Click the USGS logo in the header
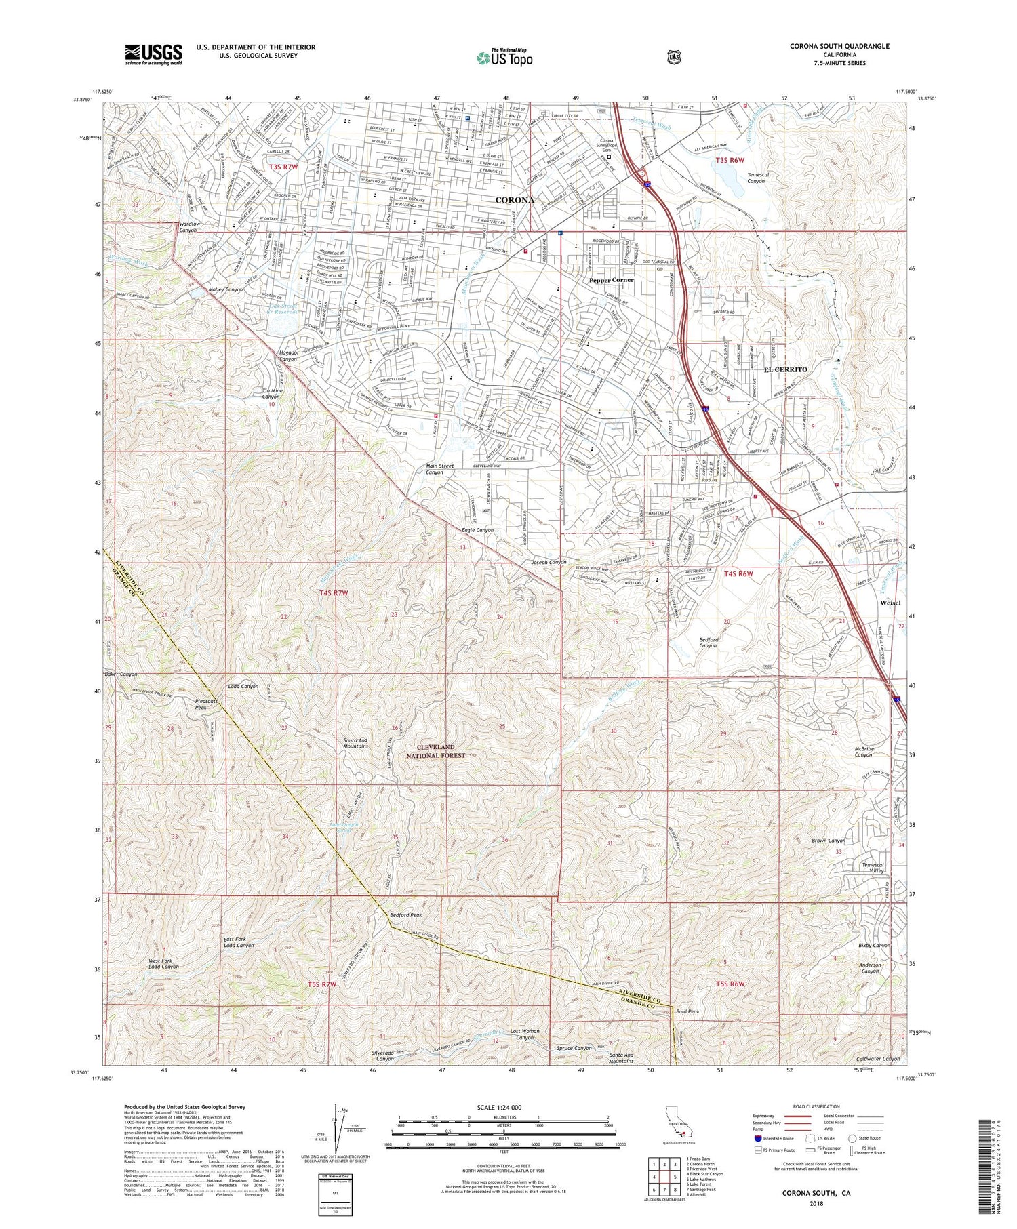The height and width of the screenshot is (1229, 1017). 153,54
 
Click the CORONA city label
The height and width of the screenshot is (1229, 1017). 515,201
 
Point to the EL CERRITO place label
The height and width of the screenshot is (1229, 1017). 785,369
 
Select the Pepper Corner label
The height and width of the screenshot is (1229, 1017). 611,280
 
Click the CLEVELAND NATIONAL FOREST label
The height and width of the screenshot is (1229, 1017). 436,750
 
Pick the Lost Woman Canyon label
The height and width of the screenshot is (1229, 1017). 525,1034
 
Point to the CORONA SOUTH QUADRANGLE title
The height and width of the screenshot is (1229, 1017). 839,47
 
